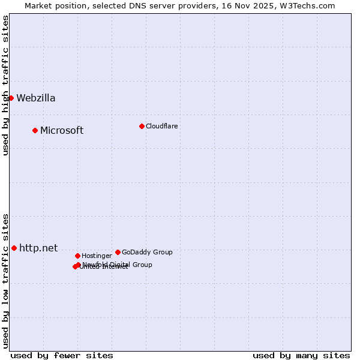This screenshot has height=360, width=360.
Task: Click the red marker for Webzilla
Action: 11,98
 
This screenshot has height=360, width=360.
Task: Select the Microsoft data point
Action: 35,130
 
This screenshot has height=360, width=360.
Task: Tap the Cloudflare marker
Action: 142,126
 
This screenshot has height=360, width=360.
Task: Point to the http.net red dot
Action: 14,248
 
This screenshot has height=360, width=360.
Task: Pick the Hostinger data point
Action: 77,256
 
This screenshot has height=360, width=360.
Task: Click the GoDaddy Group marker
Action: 118,252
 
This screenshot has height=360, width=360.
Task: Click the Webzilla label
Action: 36,98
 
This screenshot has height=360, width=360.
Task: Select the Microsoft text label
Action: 62,131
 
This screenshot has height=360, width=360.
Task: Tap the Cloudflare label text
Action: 162,126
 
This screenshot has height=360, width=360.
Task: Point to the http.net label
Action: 38,248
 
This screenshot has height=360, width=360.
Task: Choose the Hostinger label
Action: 97,256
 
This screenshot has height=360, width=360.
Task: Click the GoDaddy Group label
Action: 147,252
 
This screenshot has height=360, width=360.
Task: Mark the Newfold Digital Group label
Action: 118,264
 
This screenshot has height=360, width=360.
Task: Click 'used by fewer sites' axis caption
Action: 62,355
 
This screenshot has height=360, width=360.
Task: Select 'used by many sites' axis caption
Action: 301,355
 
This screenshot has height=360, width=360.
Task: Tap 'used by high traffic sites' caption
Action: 5,85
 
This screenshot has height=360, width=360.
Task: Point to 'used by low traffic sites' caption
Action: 5,281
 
